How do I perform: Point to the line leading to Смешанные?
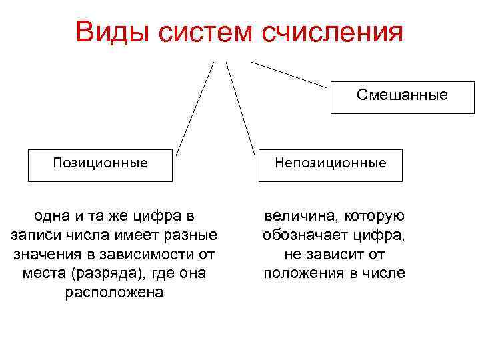point(289,74)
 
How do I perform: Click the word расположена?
point(114,293)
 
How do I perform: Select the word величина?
point(298,216)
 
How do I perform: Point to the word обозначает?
point(302,235)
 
